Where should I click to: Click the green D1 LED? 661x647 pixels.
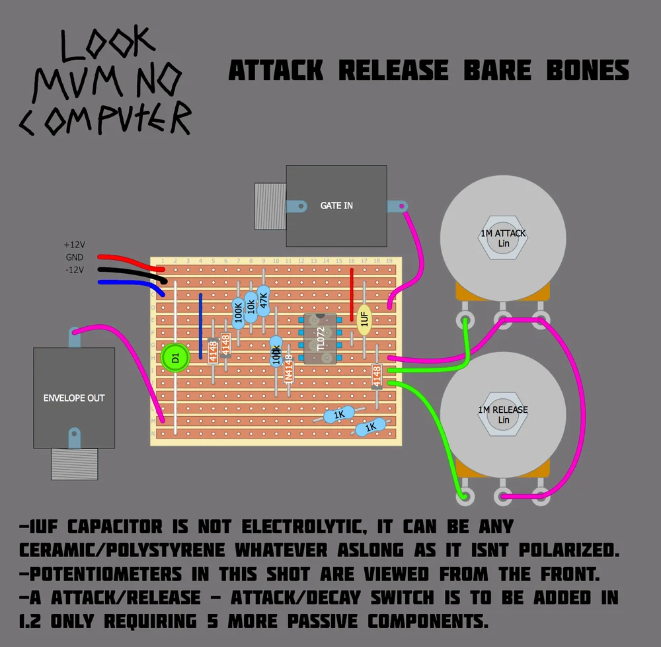(175, 358)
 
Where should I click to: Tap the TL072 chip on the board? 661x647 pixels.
(320, 339)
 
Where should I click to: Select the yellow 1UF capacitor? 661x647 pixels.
(364, 318)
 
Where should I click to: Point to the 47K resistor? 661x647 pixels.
(263, 301)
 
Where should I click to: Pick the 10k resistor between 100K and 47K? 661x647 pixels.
(251, 307)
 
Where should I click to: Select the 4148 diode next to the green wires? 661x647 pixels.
(377, 375)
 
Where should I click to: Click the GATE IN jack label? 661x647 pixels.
(336, 206)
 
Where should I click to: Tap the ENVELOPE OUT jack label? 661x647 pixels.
(74, 398)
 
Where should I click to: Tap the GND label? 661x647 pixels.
(74, 257)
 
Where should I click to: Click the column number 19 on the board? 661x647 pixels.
(389, 261)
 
